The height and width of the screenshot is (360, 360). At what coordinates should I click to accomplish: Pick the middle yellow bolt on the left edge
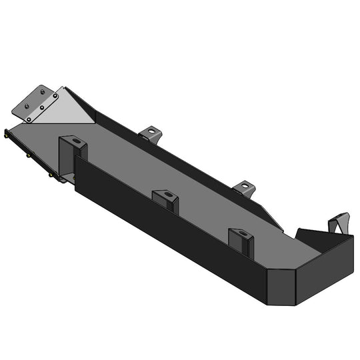pyautogui.click(x=29, y=155)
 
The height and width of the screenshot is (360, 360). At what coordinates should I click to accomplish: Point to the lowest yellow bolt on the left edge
pyautogui.click(x=51, y=175)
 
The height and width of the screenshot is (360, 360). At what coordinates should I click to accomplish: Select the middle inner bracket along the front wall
pyautogui.click(x=166, y=200)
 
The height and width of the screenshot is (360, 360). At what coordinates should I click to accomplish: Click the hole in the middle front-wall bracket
pyautogui.click(x=169, y=195)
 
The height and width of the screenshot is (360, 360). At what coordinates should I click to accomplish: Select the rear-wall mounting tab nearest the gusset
pyautogui.click(x=152, y=133)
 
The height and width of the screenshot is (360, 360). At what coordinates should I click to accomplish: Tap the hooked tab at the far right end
pyautogui.click(x=341, y=223)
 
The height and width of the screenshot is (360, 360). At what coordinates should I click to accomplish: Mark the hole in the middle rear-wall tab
pyautogui.click(x=245, y=185)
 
